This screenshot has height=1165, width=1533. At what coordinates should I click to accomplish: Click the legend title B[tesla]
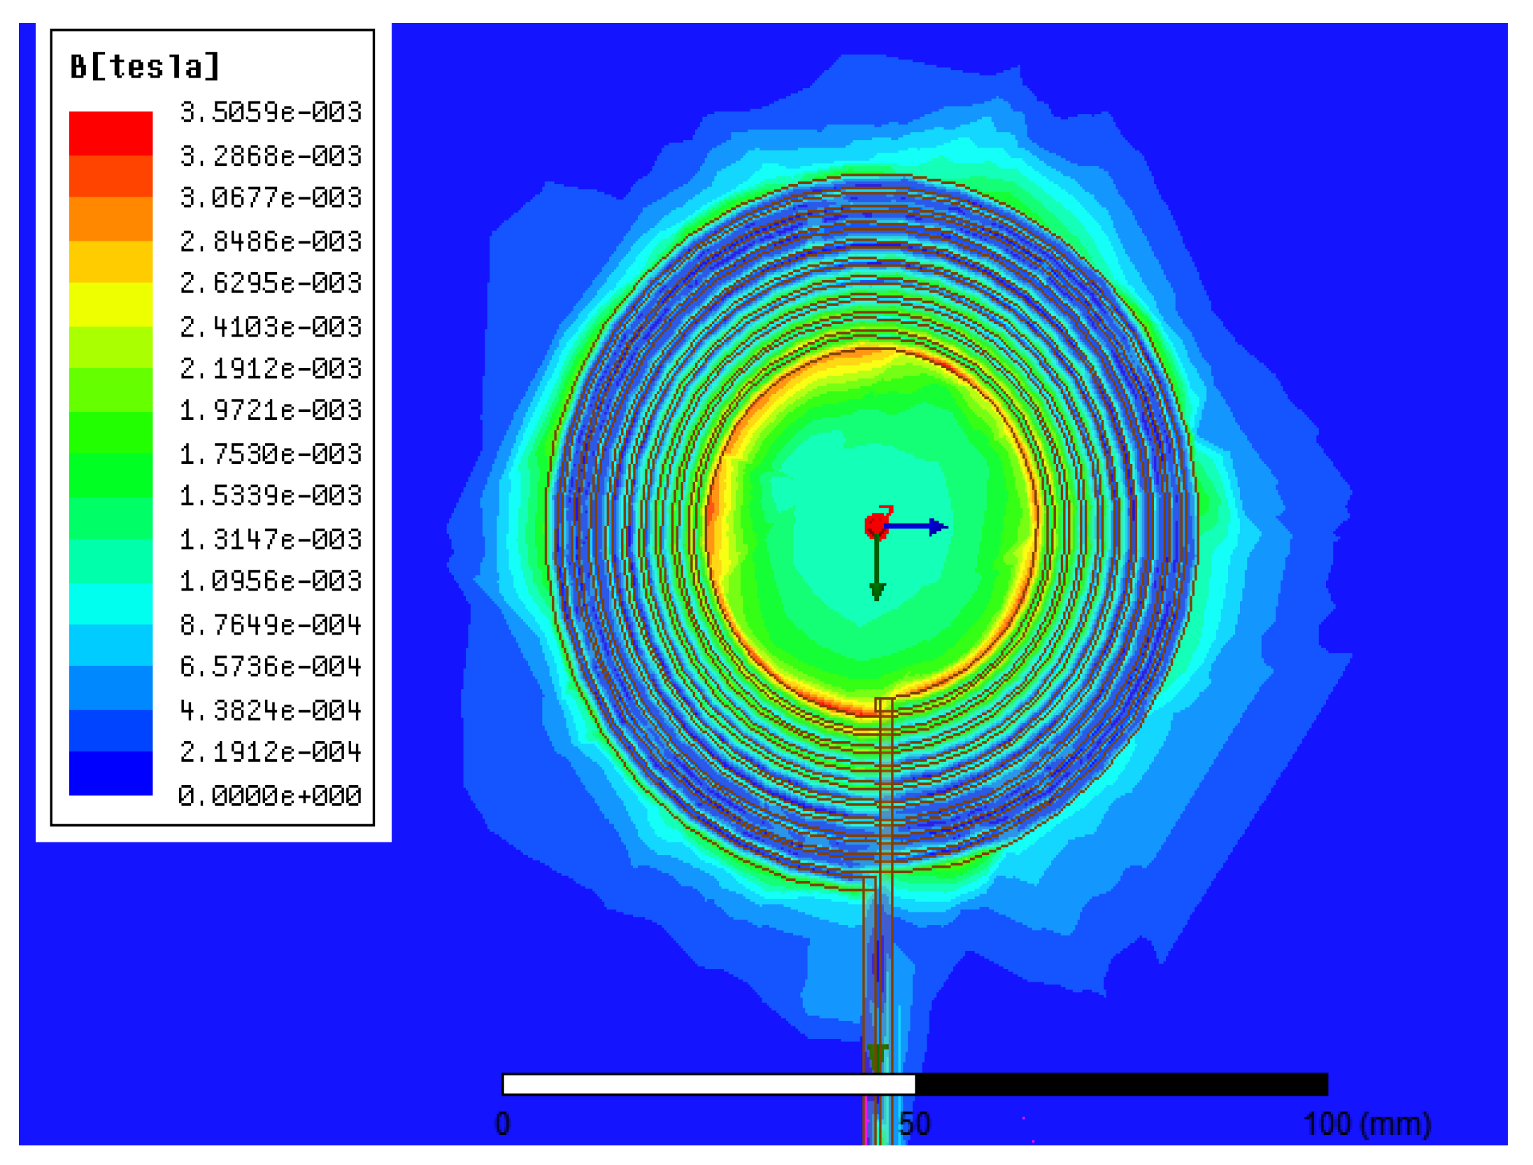coord(145,67)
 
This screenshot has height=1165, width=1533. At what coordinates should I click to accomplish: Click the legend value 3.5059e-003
coord(271,112)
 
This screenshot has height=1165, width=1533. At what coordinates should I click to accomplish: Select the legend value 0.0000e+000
coord(270,796)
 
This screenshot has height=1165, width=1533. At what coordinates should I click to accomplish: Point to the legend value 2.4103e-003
coord(271,327)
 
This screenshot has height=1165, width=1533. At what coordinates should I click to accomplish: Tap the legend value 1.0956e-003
coord(271,581)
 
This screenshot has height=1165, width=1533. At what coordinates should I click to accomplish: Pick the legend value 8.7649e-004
coord(271,624)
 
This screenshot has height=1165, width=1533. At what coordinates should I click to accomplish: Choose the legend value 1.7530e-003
coord(271,454)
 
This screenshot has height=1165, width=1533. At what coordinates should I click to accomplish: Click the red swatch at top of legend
coord(110,133)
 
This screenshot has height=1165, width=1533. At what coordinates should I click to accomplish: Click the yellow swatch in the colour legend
coord(110,304)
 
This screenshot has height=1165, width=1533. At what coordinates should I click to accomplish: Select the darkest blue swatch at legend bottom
coord(110,773)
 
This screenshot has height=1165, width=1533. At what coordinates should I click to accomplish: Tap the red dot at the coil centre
coord(876,525)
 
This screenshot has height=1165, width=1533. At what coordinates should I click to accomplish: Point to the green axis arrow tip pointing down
coord(877,591)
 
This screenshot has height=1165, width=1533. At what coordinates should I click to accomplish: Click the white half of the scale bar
coord(708,1085)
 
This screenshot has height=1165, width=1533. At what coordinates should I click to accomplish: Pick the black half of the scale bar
coord(1121,1085)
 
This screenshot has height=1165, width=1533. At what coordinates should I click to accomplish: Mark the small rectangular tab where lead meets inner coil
coord(884,704)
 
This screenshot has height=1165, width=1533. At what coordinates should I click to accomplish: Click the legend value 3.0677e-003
coord(271,197)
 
